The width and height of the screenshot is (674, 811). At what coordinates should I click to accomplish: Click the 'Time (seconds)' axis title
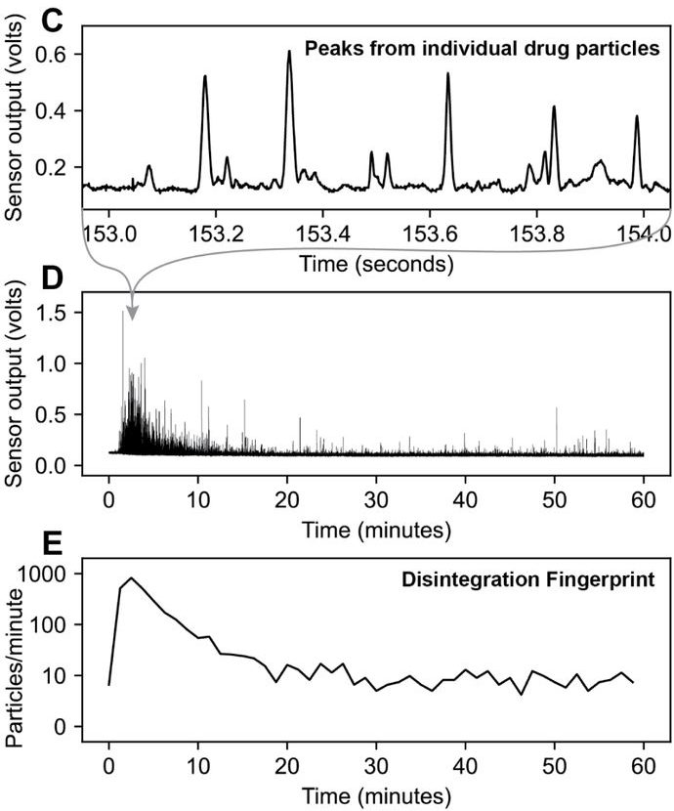[x=377, y=264]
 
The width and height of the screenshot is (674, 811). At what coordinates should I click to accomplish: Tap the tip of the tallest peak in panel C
[x=289, y=52]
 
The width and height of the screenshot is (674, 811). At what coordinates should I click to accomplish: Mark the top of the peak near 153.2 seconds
[x=205, y=76]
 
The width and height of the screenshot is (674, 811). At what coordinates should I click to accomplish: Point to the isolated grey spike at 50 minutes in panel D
[x=556, y=409]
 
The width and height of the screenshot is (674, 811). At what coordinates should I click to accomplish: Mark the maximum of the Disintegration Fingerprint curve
[x=131, y=577]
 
